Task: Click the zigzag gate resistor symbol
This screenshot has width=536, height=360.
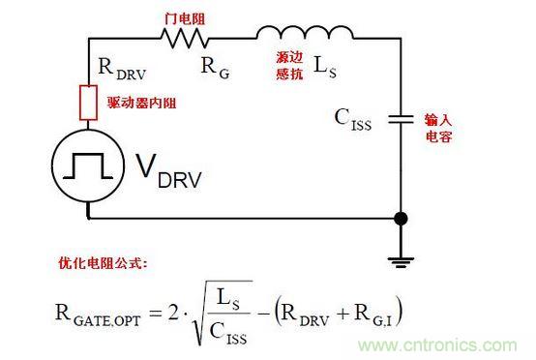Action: (185, 38)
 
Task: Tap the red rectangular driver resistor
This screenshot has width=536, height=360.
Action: (88, 103)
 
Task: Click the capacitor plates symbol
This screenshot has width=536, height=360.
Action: (401, 119)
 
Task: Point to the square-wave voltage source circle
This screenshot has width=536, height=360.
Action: (88, 166)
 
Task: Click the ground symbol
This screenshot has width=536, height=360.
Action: (401, 262)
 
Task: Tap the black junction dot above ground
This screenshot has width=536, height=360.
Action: (401, 219)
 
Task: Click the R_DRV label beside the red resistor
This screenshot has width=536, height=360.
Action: (122, 69)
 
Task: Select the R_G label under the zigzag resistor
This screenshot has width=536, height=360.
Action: (216, 68)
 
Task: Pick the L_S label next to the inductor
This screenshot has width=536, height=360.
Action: (325, 67)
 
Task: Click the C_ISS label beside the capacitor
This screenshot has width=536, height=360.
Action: (353, 120)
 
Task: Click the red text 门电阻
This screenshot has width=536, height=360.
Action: (185, 18)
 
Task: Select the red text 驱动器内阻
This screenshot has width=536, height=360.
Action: (141, 103)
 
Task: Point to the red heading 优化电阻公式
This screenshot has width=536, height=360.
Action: (103, 263)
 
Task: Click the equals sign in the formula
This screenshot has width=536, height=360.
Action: (155, 313)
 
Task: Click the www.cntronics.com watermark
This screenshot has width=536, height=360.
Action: (437, 345)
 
